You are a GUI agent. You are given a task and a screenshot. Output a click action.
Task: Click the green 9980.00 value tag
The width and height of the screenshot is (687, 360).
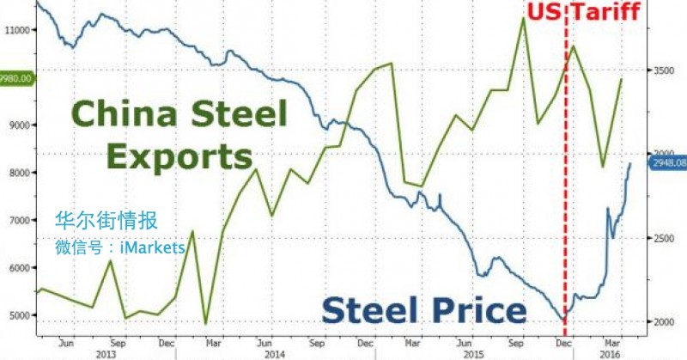[16, 78]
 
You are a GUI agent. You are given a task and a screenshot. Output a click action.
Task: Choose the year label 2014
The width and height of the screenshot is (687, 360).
[275, 352]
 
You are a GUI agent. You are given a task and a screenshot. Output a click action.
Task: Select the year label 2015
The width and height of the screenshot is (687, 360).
[461, 352]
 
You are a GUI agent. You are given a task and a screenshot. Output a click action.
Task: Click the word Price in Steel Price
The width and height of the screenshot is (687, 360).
[473, 309]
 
